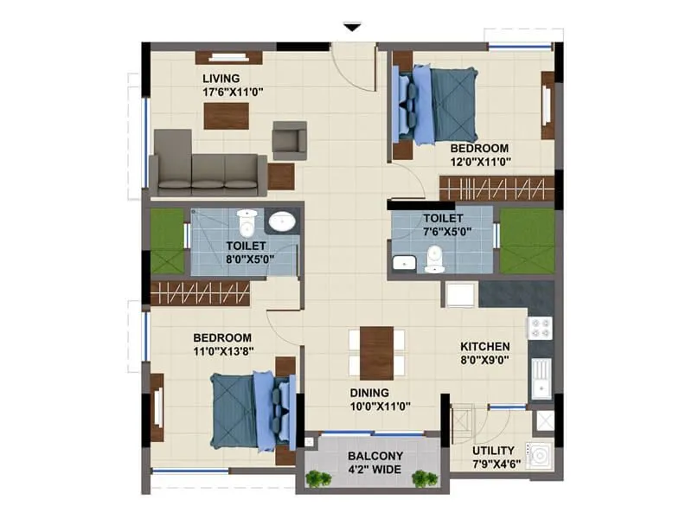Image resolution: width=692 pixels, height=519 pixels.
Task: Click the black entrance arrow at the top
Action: click(351, 28)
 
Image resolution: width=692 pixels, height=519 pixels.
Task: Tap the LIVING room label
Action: click(221, 77)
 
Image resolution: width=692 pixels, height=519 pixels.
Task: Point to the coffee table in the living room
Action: click(227, 116)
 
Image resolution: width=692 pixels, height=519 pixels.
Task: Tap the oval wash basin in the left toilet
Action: click(283, 222)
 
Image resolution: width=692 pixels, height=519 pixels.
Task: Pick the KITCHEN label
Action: click(490, 346)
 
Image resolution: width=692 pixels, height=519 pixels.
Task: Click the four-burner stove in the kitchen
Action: click(540, 328)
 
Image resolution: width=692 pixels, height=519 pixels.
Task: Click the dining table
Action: click(377, 353)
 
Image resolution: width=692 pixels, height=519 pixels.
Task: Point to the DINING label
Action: click(369, 393)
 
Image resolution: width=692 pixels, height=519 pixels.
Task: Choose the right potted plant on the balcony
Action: click(424, 477)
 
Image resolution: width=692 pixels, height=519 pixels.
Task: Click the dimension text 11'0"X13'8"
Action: click(222, 350)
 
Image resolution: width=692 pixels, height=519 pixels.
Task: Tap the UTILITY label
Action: click(494, 451)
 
